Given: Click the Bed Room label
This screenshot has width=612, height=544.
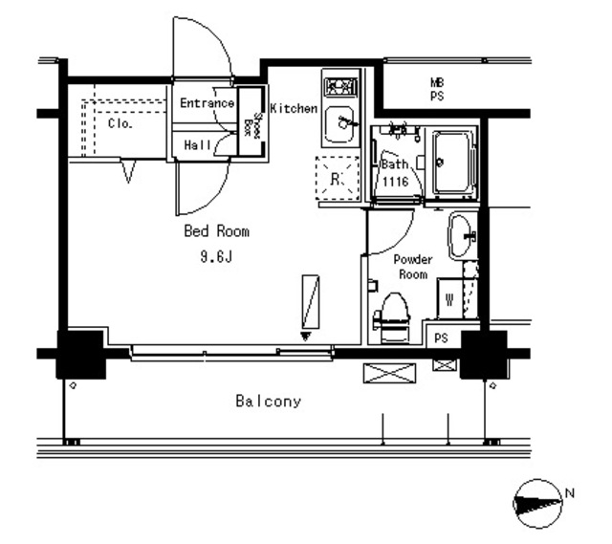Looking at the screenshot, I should (x=217, y=231).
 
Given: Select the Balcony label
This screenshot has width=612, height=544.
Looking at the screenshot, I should (x=269, y=403).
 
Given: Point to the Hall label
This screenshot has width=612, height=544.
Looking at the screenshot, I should (x=197, y=145).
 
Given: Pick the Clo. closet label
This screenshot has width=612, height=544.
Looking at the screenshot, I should (x=120, y=124).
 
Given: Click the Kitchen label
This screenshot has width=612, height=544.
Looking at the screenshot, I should (x=293, y=109).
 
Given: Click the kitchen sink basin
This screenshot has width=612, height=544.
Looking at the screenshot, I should (x=340, y=124).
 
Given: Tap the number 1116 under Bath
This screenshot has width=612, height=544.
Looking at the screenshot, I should (x=396, y=181).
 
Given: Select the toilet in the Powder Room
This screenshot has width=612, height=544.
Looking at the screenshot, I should (x=392, y=312).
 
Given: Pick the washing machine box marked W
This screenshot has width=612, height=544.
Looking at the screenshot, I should (x=449, y=298).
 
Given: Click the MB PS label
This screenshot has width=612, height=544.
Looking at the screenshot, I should (x=437, y=91).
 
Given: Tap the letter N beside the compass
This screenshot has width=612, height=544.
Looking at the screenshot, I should (x=570, y=492).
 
